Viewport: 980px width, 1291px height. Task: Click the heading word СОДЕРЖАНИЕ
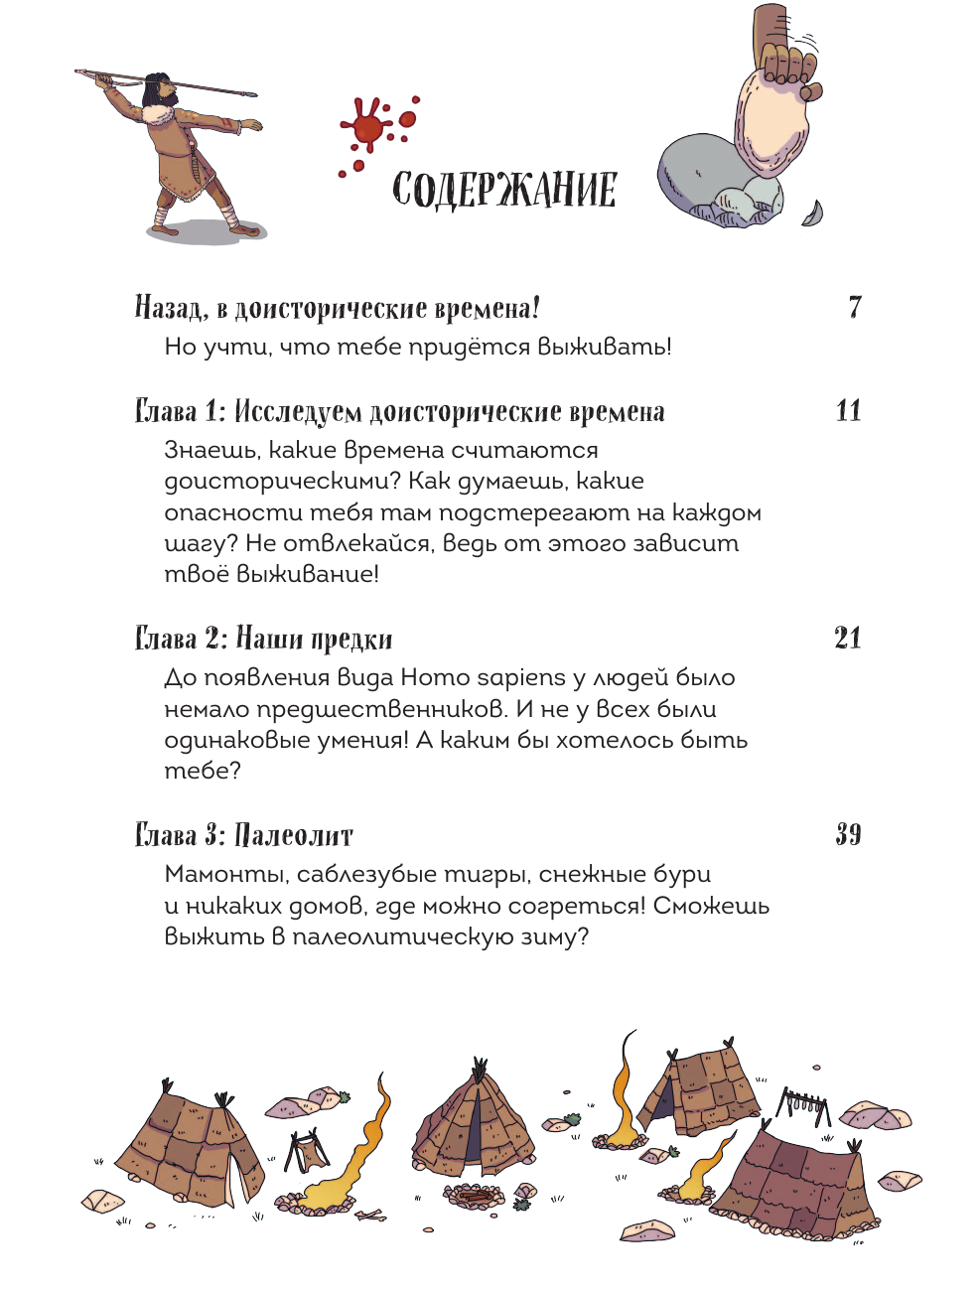[504, 189]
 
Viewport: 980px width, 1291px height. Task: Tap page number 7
[855, 307]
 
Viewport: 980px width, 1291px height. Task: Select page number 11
[848, 410]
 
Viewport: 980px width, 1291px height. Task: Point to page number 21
[848, 638]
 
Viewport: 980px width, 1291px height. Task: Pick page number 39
[848, 834]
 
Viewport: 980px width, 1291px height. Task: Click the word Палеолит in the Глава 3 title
[294, 835]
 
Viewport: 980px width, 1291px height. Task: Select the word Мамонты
[224, 875]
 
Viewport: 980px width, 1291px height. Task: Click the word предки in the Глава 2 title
[351, 640]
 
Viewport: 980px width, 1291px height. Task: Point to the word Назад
[171, 308]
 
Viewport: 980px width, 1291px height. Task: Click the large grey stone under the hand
[695, 174]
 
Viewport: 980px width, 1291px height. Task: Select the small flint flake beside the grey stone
[812, 214]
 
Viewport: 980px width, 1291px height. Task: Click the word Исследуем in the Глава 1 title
[298, 412]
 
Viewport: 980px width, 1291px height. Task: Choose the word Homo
[434, 678]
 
